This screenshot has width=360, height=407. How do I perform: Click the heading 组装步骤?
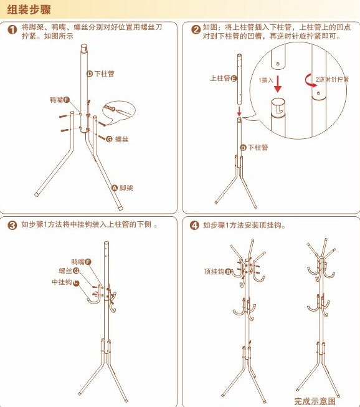(x=29, y=10)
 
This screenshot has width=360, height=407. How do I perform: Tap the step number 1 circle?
(x=12, y=29)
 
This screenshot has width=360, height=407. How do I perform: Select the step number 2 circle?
(x=196, y=29)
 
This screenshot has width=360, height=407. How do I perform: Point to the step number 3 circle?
(x=12, y=225)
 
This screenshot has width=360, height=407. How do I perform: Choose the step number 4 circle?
(x=194, y=225)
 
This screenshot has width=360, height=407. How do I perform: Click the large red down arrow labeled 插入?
(x=278, y=84)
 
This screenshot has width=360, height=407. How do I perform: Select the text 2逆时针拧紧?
(x=332, y=79)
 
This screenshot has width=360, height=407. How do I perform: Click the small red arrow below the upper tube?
(x=239, y=110)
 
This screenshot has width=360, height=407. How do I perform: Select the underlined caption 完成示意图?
(x=315, y=401)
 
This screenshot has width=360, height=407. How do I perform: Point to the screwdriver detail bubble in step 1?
(x=119, y=113)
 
